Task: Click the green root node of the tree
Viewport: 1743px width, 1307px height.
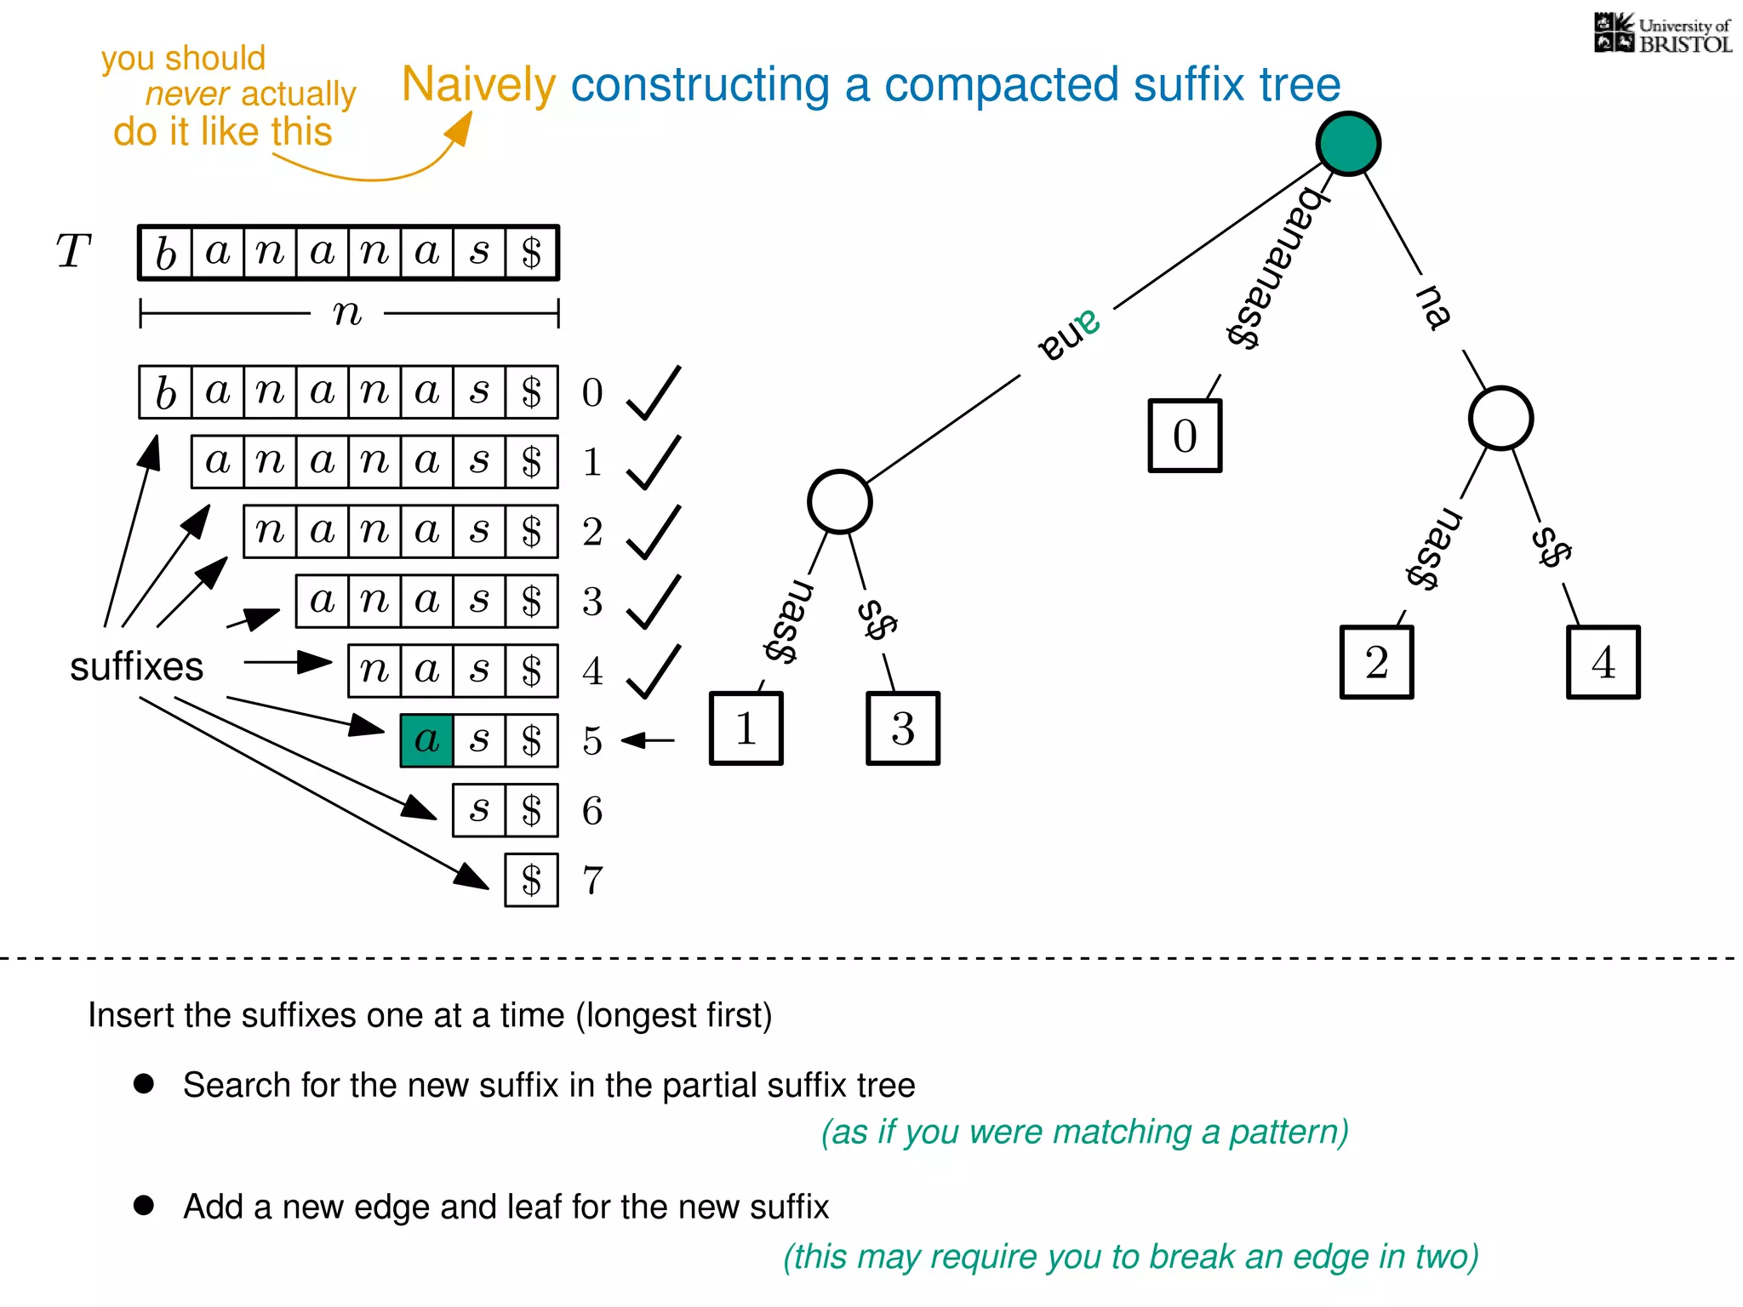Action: (1348, 144)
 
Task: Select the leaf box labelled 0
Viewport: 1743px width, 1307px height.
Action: (1185, 436)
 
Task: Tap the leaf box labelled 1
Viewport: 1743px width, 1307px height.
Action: (746, 728)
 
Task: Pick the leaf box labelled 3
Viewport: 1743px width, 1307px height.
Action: (903, 728)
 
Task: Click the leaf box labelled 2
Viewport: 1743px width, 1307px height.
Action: (1376, 662)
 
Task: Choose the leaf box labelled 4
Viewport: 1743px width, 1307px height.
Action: (1603, 662)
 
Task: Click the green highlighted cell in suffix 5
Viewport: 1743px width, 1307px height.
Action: (426, 740)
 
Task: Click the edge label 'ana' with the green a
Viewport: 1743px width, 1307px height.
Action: (1069, 337)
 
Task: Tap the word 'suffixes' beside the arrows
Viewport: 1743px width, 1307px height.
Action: (136, 666)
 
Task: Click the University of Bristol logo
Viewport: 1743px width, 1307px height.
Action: (1662, 34)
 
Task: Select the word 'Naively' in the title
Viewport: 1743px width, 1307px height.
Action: (478, 84)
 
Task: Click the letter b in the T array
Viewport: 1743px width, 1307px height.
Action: (165, 253)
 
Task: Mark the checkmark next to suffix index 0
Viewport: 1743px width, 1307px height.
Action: (654, 393)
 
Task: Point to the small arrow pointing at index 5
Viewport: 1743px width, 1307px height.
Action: (648, 740)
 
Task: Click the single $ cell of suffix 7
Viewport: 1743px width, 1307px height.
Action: (531, 880)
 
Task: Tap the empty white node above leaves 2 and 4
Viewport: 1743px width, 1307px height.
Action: (1500, 419)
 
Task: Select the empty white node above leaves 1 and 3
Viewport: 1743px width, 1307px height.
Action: (839, 502)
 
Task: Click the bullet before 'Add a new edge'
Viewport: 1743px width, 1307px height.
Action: (144, 1205)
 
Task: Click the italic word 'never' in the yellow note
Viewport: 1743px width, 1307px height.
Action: (187, 94)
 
